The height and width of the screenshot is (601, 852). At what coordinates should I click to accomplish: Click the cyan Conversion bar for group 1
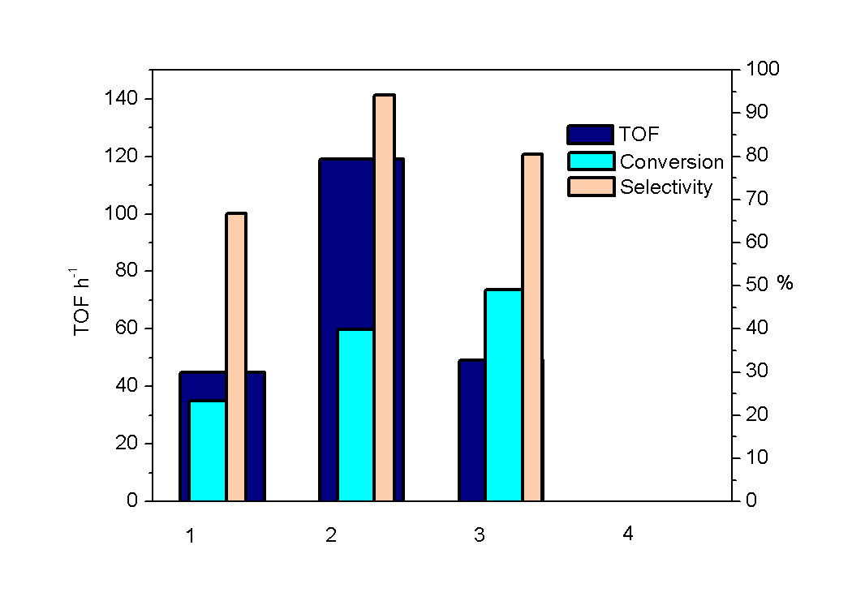[208, 450]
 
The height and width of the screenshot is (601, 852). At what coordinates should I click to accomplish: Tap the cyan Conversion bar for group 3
[503, 394]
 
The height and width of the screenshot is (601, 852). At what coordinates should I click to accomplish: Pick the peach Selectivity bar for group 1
[236, 356]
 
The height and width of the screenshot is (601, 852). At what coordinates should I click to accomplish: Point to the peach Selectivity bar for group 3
[532, 326]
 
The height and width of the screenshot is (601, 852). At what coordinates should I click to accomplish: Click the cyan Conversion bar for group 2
[355, 414]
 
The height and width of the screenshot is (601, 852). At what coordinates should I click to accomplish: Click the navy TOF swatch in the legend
[591, 135]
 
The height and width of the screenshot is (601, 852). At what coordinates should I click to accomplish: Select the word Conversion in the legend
[671, 161]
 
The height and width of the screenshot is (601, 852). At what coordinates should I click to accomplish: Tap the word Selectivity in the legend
[666, 187]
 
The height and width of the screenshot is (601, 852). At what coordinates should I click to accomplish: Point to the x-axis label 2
[330, 535]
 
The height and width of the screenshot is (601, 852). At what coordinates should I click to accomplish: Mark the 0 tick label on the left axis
[133, 500]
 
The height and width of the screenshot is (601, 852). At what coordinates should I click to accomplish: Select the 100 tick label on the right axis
[762, 69]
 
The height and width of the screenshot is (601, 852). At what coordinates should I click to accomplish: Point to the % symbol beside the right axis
[785, 283]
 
